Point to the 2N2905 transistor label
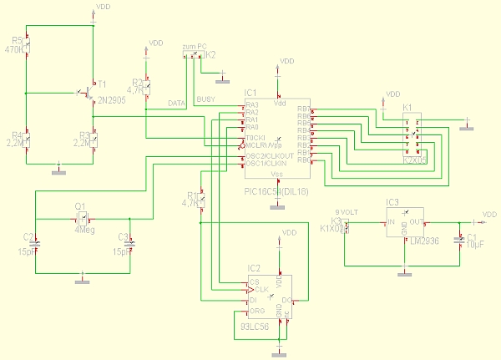111,99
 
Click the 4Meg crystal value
83,229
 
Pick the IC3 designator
392,202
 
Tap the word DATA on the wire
176,104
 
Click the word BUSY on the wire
205,100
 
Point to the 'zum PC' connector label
195,46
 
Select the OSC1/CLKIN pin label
266,163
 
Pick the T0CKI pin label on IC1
255,137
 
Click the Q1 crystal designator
80,205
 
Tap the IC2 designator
254,268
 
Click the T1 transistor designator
102,84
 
